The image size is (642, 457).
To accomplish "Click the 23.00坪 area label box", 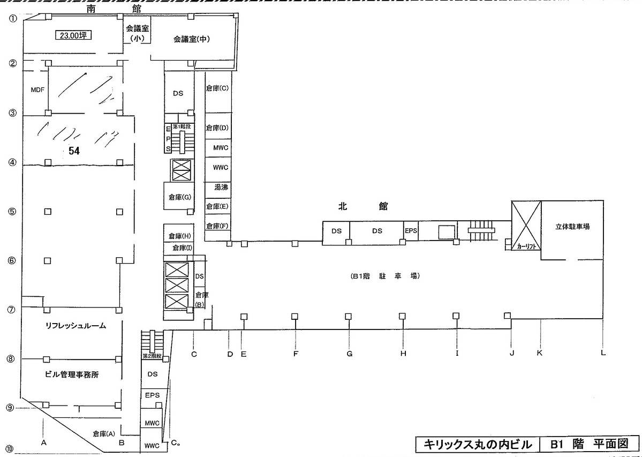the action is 73,35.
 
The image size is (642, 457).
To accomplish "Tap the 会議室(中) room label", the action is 192,39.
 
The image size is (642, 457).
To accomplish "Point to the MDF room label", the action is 37,89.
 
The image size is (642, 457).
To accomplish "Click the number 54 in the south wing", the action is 74,151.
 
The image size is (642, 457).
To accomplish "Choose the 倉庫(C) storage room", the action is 218,93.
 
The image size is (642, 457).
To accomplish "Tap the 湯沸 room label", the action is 221,188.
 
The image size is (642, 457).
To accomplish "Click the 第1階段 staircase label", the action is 182,126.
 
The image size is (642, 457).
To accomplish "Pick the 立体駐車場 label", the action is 572,227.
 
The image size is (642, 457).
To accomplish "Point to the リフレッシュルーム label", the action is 75,326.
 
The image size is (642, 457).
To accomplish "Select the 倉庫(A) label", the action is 104,433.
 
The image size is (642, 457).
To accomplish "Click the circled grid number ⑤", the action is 13,212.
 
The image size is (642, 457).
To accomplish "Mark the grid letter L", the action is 603,353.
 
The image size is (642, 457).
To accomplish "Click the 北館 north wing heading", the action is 362,206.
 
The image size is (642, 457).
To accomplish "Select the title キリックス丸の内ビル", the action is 478,444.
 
